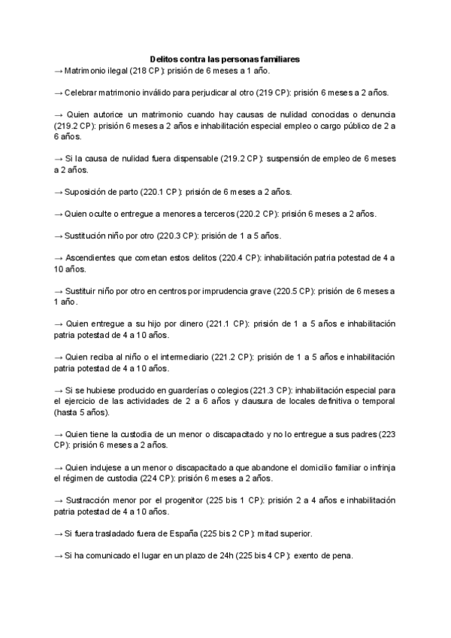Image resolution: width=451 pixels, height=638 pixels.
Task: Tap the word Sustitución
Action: point(88,236)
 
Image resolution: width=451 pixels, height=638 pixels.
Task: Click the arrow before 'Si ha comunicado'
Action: point(59,556)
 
